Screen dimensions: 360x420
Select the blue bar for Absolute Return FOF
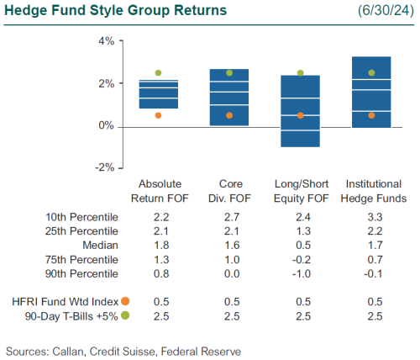(158, 94)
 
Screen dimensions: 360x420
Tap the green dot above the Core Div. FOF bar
(229, 73)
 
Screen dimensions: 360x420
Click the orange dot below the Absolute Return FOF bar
(158, 115)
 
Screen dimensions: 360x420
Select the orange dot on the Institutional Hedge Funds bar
(370, 115)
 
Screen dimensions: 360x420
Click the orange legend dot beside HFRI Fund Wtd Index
(125, 301)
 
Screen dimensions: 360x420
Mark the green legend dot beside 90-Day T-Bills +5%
(125, 315)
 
